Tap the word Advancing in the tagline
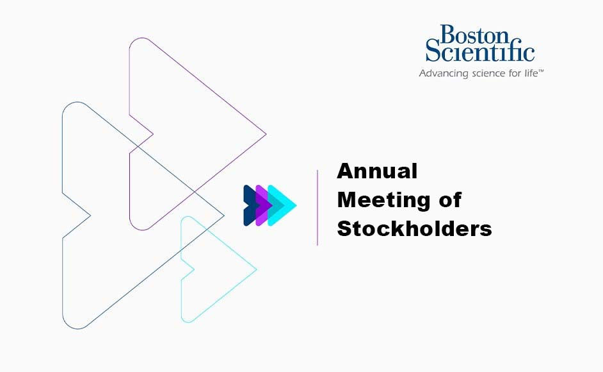[441, 74]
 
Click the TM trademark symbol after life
[541, 71]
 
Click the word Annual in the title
[377, 171]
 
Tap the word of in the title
[448, 200]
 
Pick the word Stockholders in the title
[414, 229]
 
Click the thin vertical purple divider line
[318, 207]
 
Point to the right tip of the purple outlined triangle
[266, 135]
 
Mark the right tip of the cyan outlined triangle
[257, 269]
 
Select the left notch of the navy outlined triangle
[90, 215]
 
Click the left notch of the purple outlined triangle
[152, 135]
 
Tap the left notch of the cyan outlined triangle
[194, 269]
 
